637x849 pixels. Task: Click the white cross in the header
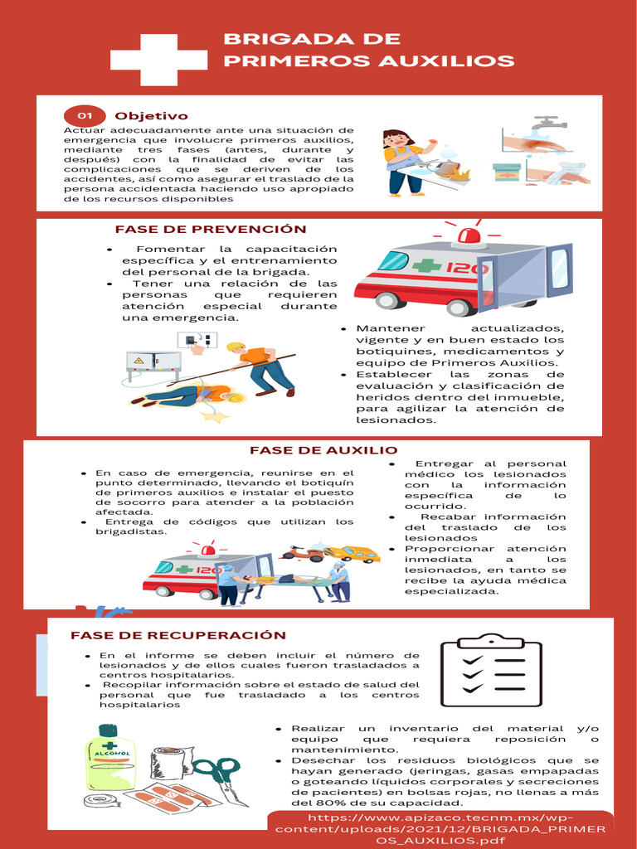(x=158, y=59)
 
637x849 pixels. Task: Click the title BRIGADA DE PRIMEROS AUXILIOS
(x=368, y=51)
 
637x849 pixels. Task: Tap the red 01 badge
(x=85, y=116)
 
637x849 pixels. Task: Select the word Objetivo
(x=151, y=116)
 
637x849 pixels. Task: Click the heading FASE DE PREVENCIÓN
(x=211, y=229)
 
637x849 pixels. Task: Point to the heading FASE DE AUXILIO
(x=323, y=450)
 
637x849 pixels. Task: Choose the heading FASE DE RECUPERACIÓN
(x=178, y=635)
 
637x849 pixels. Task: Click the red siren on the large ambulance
(x=470, y=235)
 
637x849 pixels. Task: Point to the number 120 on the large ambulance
(x=467, y=269)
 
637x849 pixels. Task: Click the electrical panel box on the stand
(x=153, y=362)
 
